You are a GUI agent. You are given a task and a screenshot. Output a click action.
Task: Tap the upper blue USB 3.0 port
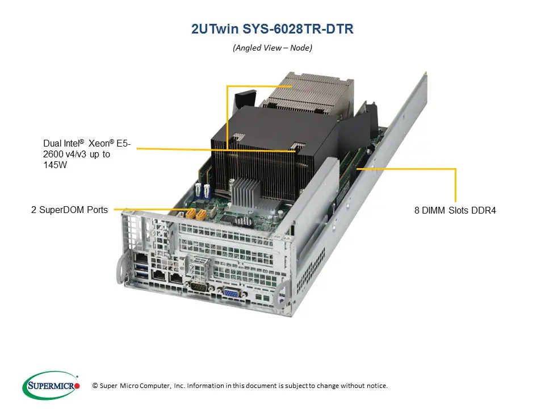coord(140,267)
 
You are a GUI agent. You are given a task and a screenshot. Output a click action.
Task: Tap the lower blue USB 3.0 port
coord(141,277)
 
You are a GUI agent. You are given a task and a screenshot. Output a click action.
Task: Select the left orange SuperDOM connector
coord(190,214)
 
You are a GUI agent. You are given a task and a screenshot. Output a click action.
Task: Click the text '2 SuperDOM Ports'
coord(69,210)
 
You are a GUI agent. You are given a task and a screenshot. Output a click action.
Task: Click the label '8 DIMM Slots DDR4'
coord(455,211)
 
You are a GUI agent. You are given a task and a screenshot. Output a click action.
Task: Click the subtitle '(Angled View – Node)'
coord(272,48)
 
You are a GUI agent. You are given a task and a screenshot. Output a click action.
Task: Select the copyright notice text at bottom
coord(239,386)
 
